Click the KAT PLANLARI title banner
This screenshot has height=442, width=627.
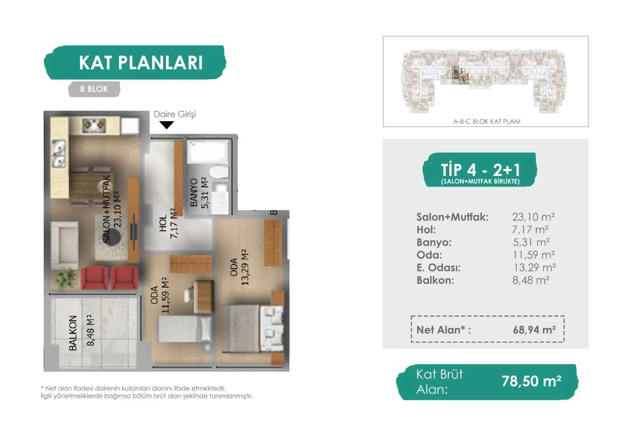pyautogui.click(x=135, y=63)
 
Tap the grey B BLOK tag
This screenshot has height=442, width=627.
pyautogui.click(x=94, y=89)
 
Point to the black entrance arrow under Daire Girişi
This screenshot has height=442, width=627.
pyautogui.click(x=166, y=125)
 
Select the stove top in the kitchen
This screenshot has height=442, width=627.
pyautogui.click(x=94, y=125)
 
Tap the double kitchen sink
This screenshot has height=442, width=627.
pyautogui.click(x=59, y=154)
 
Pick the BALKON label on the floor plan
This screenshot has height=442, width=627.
pyautogui.click(x=73, y=333)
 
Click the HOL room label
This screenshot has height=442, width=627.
pyautogui.click(x=163, y=223)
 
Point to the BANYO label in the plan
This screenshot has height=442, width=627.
pyautogui.click(x=194, y=193)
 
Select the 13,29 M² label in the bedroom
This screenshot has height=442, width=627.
pyautogui.click(x=245, y=267)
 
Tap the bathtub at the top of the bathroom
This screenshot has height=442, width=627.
pyautogui.click(x=208, y=151)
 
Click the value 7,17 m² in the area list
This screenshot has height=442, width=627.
pyautogui.click(x=530, y=230)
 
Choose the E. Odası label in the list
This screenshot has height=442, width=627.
pyautogui.click(x=438, y=268)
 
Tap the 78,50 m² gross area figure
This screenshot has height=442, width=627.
pyautogui.click(x=531, y=381)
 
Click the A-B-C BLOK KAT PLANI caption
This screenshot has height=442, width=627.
pyautogui.click(x=487, y=121)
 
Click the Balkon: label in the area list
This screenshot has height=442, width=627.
pyautogui.click(x=435, y=280)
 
